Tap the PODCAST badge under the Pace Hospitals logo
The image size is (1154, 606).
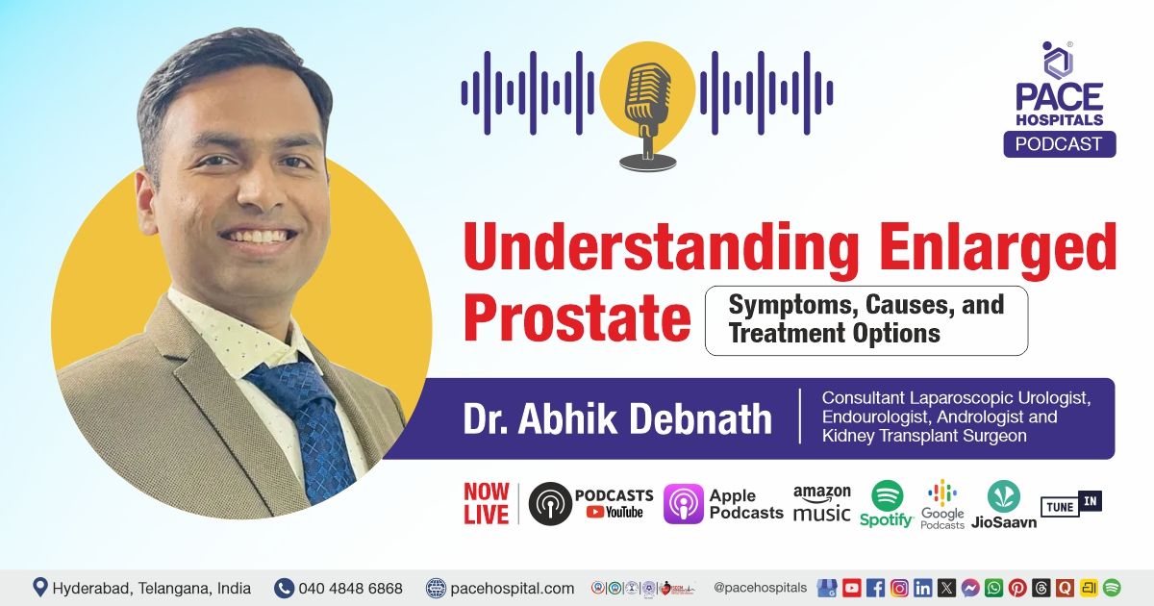(x=1059, y=144)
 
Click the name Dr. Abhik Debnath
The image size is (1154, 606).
(x=617, y=418)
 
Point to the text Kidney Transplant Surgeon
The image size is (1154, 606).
(x=924, y=436)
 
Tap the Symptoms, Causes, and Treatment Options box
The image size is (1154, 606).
(x=865, y=320)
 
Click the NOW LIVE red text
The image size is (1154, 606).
(x=486, y=503)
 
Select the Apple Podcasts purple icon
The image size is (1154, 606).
(x=683, y=503)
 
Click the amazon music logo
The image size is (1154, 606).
(x=821, y=503)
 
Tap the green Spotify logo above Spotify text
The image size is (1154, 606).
(x=887, y=496)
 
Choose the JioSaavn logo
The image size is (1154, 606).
(x=1003, y=496)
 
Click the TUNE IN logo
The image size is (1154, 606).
(x=1070, y=503)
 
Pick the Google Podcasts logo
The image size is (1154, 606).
(x=942, y=495)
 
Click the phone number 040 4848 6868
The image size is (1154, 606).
(x=350, y=588)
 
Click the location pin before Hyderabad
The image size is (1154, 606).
(x=39, y=587)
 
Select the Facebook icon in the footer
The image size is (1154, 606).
(x=875, y=587)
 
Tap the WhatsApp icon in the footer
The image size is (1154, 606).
(x=993, y=587)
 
